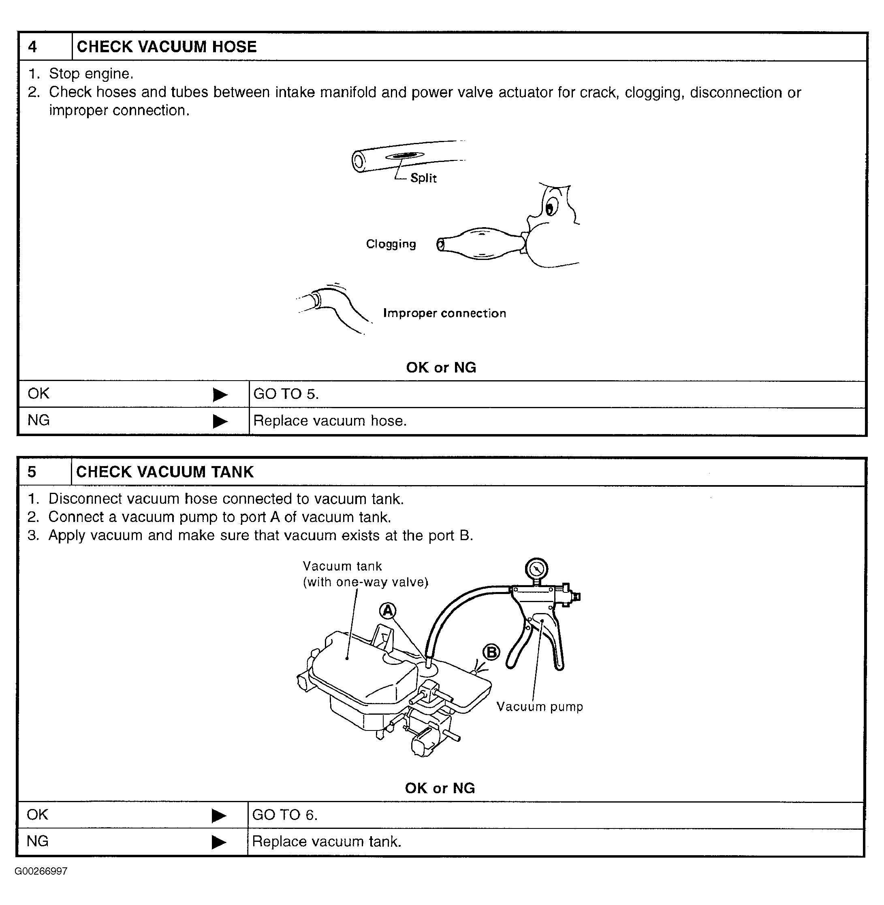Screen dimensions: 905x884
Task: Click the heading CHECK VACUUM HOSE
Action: point(166,47)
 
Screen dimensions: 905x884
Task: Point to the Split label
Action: point(423,178)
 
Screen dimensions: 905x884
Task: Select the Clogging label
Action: point(391,244)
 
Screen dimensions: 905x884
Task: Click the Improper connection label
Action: point(444,313)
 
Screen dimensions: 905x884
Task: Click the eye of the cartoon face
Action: point(550,207)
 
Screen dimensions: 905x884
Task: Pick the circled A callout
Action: point(388,611)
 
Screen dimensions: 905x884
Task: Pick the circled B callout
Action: point(491,652)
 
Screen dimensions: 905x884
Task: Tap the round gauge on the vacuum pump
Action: point(536,569)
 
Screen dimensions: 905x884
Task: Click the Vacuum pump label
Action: point(540,706)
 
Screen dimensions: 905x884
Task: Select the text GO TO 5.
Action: point(286,394)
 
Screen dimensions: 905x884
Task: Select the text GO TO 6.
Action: point(285,815)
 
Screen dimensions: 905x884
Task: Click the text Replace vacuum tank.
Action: point(327,841)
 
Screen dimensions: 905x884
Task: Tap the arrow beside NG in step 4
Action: point(220,421)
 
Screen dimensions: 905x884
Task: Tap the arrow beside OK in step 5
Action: point(219,816)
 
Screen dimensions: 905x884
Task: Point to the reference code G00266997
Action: point(41,871)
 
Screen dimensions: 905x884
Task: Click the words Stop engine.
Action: point(91,73)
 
